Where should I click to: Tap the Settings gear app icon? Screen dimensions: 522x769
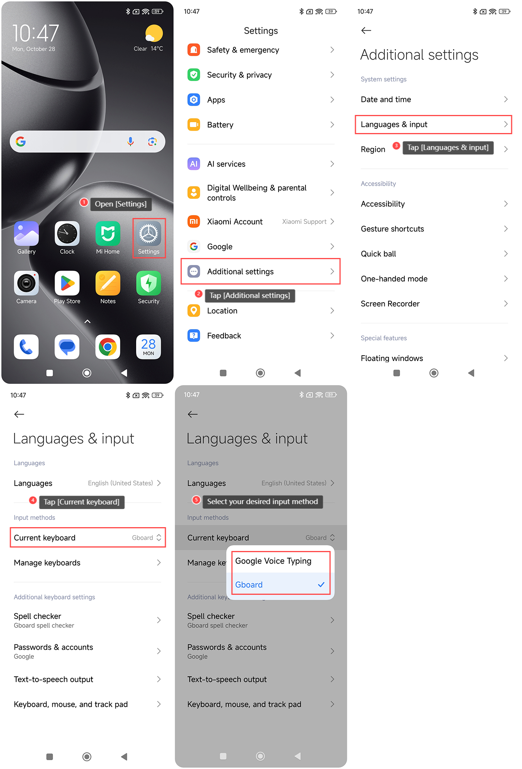coord(148,233)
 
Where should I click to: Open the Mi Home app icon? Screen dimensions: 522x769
coord(108,233)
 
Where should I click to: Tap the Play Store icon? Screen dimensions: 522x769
coord(67,283)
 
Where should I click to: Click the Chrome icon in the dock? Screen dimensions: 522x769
coord(108,347)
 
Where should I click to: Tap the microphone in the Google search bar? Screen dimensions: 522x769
coord(130,141)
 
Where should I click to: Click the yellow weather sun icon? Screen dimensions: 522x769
coord(154,33)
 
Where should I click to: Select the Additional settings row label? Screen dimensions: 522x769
coord(240,271)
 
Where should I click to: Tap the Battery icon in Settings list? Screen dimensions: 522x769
coord(194,125)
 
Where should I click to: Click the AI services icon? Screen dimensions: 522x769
coord(194,164)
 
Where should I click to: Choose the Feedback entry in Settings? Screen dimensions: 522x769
coord(224,336)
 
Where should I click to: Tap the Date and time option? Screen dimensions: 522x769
coord(386,100)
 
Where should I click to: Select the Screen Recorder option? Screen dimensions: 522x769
coord(390,304)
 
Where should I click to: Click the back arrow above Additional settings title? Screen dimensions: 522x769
coord(366,30)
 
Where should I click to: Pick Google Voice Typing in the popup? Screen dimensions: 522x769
coord(273,561)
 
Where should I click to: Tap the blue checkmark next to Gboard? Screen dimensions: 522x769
coord(321,584)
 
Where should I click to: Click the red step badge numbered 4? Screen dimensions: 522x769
coord(33,500)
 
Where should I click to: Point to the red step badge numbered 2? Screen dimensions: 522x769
coord(198,294)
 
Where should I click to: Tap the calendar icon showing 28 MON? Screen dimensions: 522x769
coord(148,347)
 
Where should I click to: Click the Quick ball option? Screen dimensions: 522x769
coord(378,254)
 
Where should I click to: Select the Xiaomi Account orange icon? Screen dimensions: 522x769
coord(194,221)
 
